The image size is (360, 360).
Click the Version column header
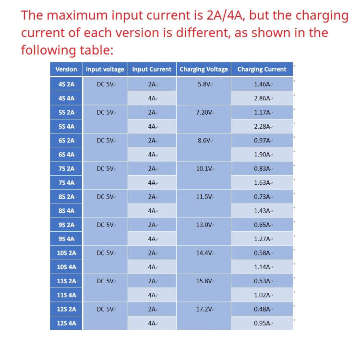point(66,69)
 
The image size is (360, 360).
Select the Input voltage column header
point(105,69)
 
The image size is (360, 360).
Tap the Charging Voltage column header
point(204,69)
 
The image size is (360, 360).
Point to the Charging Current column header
point(262,69)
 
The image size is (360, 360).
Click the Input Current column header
point(152,69)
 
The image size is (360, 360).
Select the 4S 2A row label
point(66,84)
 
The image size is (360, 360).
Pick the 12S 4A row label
point(66,323)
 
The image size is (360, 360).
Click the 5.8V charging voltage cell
point(204,84)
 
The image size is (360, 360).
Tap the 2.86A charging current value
point(262,98)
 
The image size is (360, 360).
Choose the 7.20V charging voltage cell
point(204,112)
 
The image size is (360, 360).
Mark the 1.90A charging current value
point(262,155)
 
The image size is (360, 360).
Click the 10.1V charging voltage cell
point(204,168)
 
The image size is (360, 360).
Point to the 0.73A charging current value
point(262,197)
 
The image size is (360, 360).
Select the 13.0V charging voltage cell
point(204,225)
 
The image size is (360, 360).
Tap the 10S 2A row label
point(66,253)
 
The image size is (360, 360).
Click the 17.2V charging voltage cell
point(204,309)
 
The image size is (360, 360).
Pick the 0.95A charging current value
point(262,323)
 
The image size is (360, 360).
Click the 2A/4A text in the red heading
point(226,15)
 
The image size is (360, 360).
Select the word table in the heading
point(97,50)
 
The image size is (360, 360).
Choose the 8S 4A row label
point(66,211)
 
